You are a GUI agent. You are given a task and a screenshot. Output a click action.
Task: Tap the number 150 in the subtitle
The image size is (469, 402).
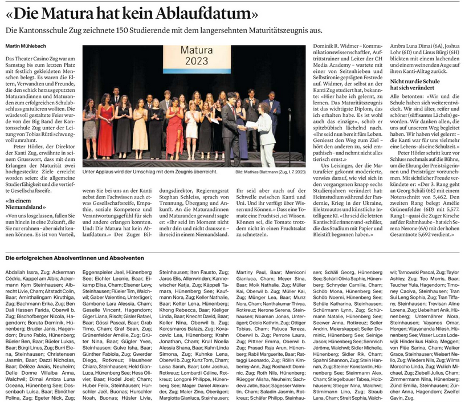tap(104, 29)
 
